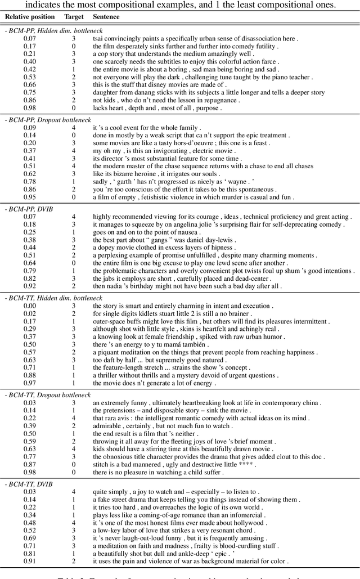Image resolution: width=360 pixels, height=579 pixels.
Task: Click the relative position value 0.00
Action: (x=30, y=305)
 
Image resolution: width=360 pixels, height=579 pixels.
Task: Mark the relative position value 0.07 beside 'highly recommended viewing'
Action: (x=30, y=216)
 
